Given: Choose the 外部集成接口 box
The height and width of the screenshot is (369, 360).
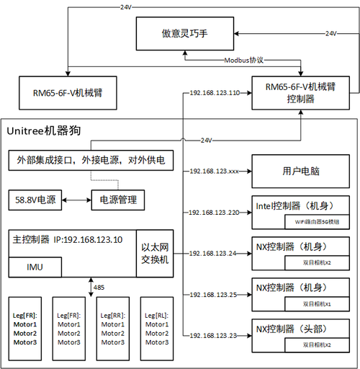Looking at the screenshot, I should (x=91, y=160).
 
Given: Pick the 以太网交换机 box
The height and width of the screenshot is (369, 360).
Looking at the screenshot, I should (x=155, y=254).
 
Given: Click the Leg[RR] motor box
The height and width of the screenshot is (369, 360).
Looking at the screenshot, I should (x=112, y=328).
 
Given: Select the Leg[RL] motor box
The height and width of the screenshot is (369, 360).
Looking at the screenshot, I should (x=156, y=328).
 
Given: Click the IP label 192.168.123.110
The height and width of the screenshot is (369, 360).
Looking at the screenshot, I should (x=213, y=93).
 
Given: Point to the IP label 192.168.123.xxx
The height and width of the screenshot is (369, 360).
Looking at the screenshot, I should (x=213, y=172).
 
